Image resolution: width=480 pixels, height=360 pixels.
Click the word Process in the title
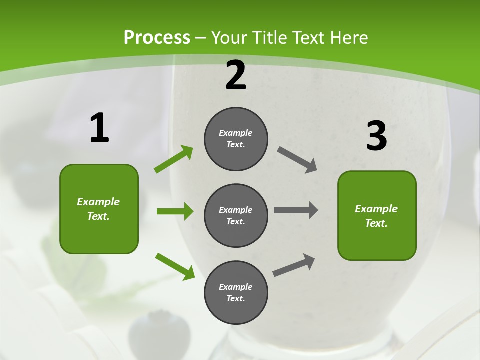pyautogui.click(x=157, y=37)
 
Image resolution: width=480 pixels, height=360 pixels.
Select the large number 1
pyautogui.click(x=99, y=128)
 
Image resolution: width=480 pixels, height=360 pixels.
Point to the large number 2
pyautogui.click(x=236, y=75)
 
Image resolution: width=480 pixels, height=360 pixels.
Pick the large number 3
pyautogui.click(x=376, y=136)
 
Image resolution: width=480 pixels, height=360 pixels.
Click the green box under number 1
pyautogui.click(x=99, y=209)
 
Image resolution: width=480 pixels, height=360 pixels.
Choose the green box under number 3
pyautogui.click(x=377, y=216)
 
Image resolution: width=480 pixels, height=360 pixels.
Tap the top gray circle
pyautogui.click(x=236, y=139)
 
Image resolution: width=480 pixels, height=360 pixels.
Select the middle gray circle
pyautogui.click(x=236, y=216)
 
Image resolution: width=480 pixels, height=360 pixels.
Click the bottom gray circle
pyautogui.click(x=236, y=292)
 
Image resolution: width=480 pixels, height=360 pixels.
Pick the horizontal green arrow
pyautogui.click(x=175, y=211)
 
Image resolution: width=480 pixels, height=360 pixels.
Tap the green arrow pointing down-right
pyautogui.click(x=175, y=266)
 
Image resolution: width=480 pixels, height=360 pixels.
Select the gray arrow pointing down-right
pyautogui.click(x=297, y=160)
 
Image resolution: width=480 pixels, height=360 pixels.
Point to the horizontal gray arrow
pyautogui.click(x=296, y=210)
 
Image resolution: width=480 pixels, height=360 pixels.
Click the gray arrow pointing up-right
pyautogui.click(x=294, y=265)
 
